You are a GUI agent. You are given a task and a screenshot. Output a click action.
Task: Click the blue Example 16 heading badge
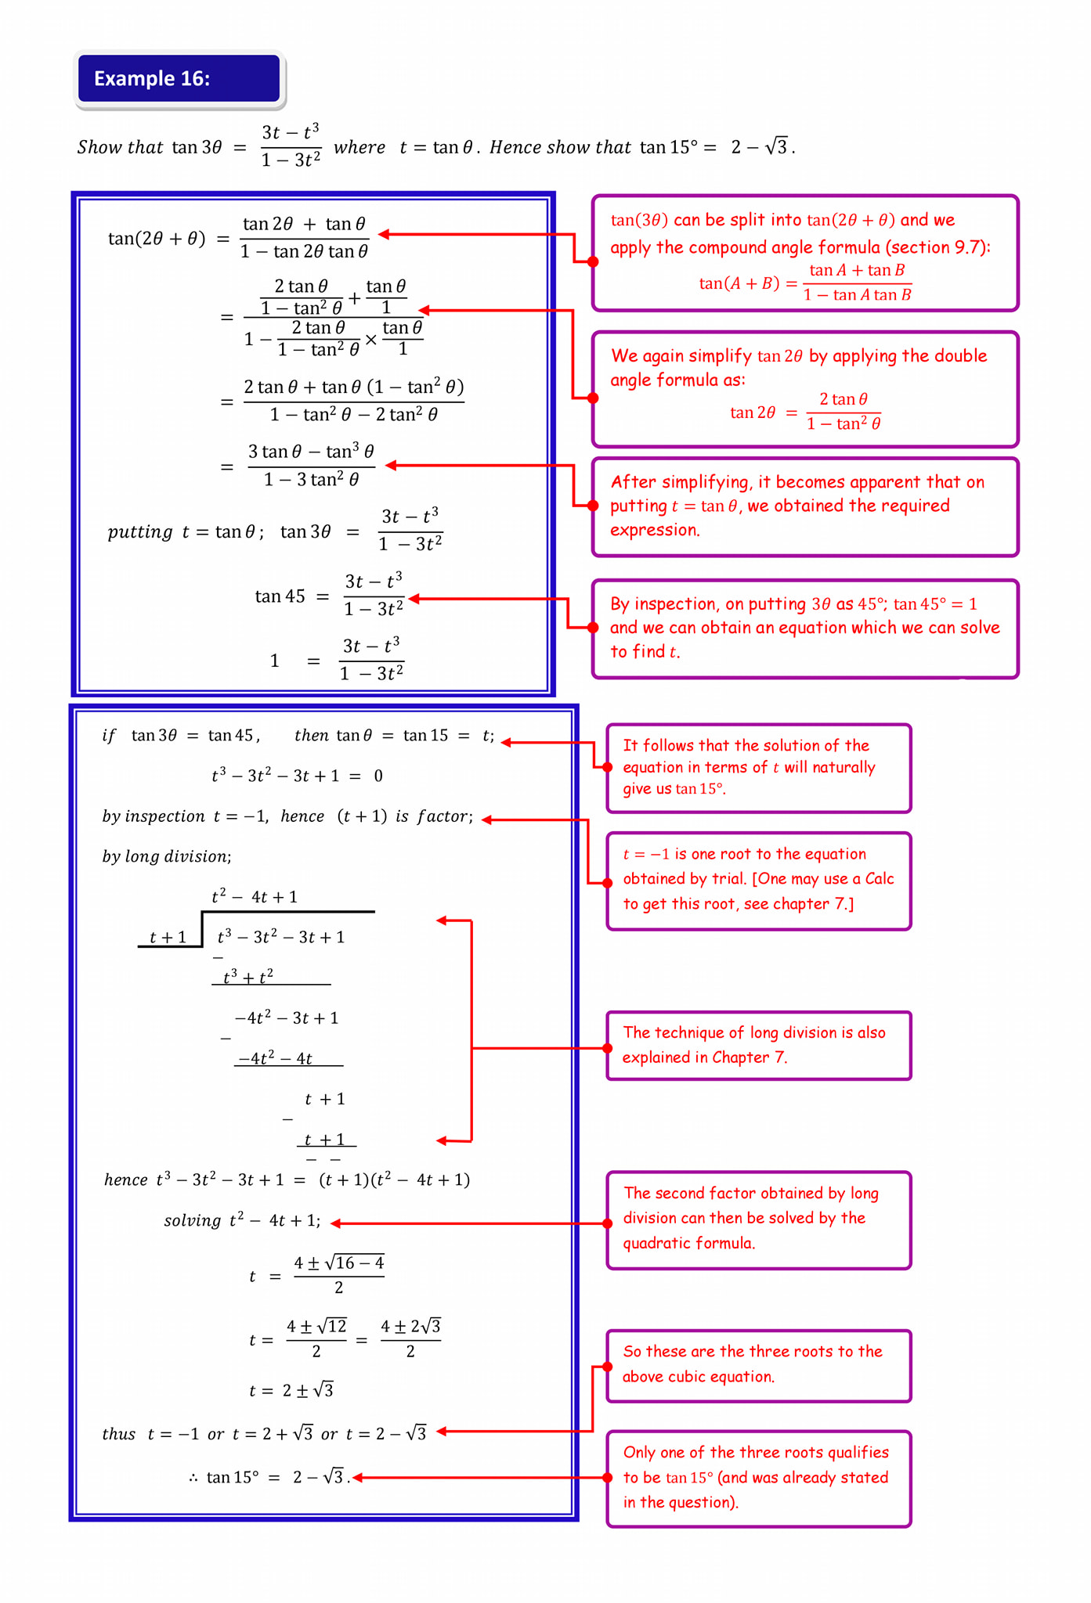(179, 78)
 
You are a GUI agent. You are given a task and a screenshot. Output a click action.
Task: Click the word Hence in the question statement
(515, 147)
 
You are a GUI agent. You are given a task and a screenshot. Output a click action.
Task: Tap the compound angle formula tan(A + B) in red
(805, 283)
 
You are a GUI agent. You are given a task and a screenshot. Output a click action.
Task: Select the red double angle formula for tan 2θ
(805, 412)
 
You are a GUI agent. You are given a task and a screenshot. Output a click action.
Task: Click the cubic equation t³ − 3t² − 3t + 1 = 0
(297, 776)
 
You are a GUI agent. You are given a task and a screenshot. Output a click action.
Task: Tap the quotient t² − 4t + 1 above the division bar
(255, 896)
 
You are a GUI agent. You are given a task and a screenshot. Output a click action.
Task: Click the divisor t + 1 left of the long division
(168, 937)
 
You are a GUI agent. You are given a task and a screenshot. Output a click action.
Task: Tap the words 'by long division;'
(167, 856)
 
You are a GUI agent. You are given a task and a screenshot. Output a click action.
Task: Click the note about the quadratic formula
(759, 1219)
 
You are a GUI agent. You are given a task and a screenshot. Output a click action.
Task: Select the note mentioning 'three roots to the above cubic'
(759, 1365)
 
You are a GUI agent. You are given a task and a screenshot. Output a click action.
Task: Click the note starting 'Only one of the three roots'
(759, 1478)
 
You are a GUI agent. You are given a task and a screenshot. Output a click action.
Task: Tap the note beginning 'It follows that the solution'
(759, 768)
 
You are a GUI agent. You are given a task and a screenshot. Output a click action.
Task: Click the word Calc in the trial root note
(879, 878)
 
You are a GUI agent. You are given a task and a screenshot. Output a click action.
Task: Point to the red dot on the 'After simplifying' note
(593, 506)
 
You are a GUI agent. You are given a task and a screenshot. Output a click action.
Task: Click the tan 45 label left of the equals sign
(280, 596)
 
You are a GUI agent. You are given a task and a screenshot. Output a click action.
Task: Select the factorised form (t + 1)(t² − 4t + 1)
(394, 1180)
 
